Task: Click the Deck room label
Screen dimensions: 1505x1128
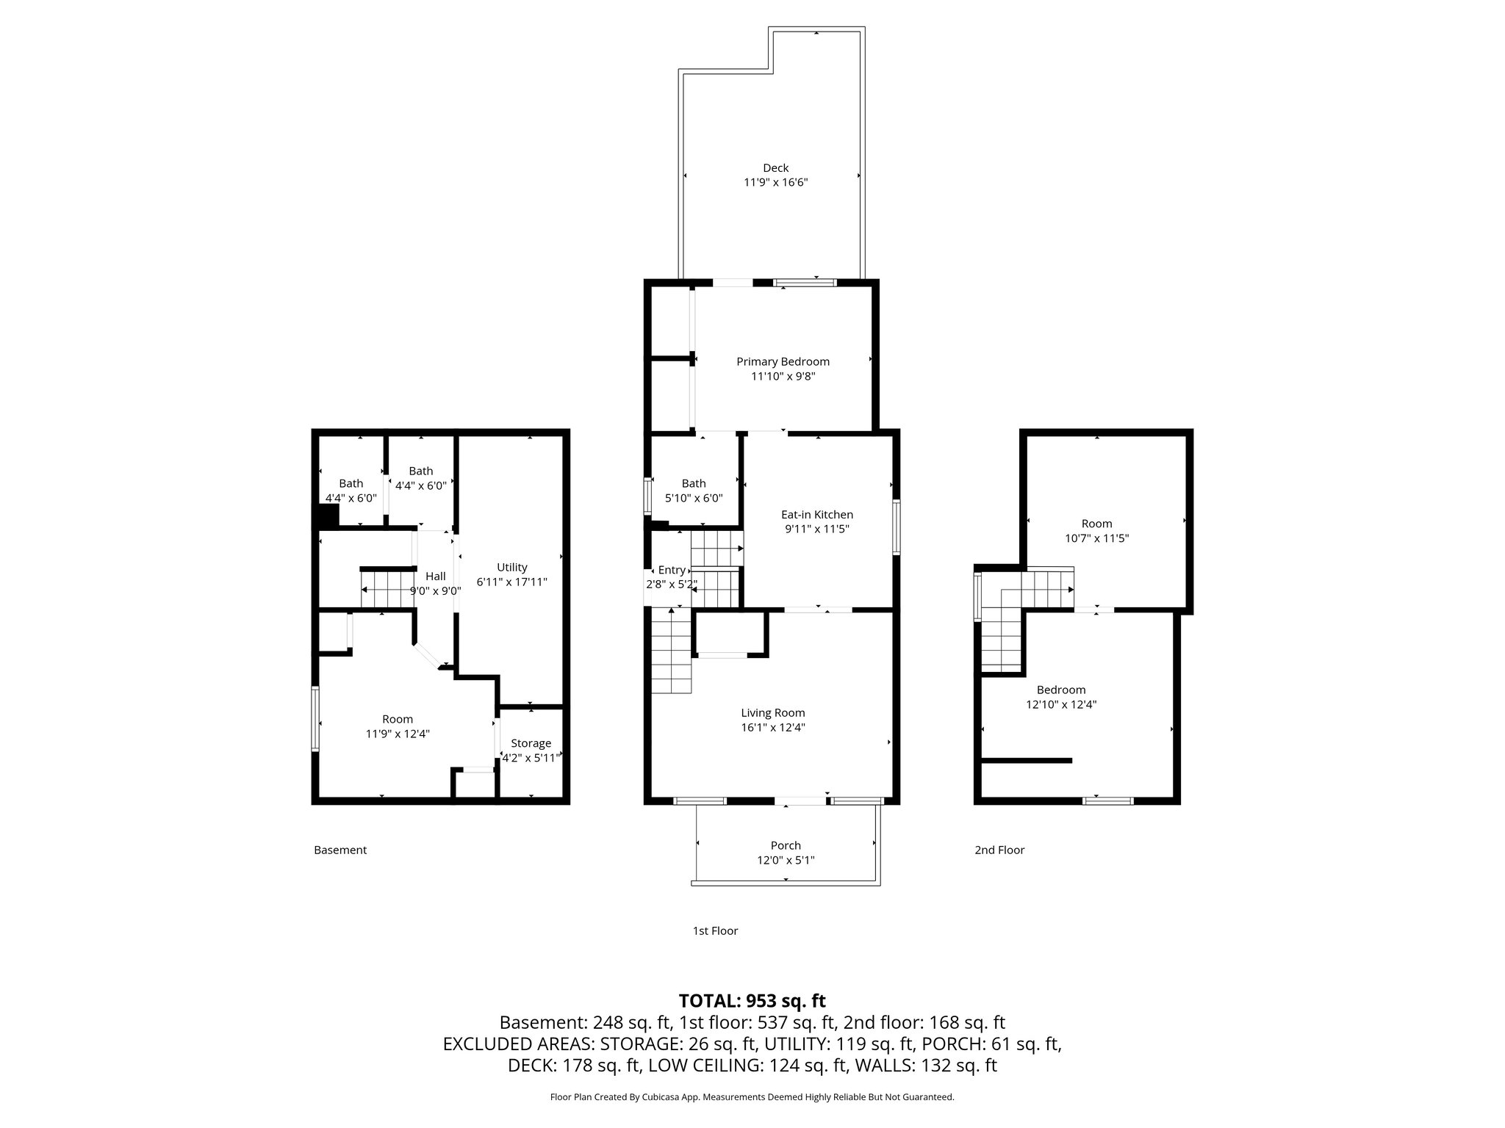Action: click(x=776, y=168)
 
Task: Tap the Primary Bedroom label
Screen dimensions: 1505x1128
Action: click(x=783, y=361)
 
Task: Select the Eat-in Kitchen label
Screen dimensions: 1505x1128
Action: click(x=817, y=515)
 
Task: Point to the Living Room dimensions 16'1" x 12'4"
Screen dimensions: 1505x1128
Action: click(x=773, y=728)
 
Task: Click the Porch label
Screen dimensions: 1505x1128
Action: click(x=786, y=845)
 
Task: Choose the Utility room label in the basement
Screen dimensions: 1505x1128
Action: click(x=512, y=568)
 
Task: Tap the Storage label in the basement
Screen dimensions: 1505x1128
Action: click(x=531, y=744)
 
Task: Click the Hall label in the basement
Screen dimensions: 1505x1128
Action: click(x=436, y=576)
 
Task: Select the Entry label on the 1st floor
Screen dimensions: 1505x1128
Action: click(x=672, y=570)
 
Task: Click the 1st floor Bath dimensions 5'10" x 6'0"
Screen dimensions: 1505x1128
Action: click(x=694, y=498)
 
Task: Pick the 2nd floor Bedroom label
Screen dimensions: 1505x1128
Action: click(x=1061, y=690)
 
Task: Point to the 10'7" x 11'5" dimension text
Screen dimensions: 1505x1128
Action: click(x=1097, y=538)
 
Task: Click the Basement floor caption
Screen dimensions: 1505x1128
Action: click(x=340, y=850)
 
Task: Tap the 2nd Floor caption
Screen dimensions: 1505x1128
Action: click(x=999, y=850)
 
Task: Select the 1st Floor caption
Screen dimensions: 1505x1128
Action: click(x=715, y=931)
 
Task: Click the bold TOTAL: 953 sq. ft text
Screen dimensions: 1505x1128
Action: click(x=752, y=1001)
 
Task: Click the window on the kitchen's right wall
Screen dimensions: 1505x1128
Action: click(x=897, y=527)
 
